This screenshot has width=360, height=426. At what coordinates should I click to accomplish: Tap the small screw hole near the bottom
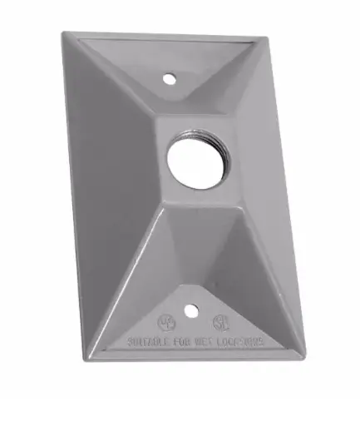(x=192, y=315)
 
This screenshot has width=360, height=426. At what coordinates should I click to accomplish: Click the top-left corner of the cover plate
(x=63, y=34)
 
